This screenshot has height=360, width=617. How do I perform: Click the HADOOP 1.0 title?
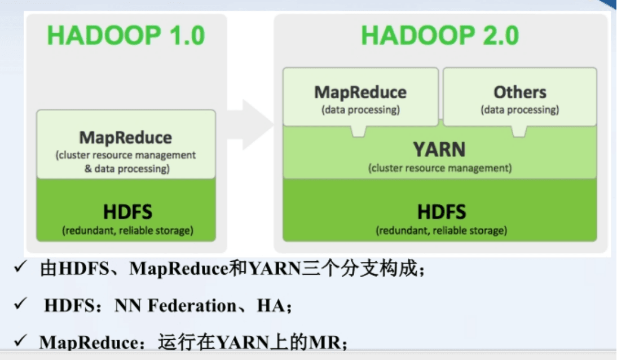pos(126,36)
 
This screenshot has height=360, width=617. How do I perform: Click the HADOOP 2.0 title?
pos(440,36)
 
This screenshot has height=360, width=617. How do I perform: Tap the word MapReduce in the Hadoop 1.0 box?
pos(126,138)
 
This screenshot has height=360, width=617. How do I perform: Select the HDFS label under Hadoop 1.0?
pos(127,212)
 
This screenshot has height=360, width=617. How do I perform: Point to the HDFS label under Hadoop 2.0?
pos(442,212)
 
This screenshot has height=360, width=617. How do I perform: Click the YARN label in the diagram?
pos(439,150)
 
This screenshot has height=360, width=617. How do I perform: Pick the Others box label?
pos(520,92)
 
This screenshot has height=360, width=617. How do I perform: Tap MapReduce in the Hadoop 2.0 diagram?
pos(360,92)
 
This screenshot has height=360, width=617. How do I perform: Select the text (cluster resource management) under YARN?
pos(440,168)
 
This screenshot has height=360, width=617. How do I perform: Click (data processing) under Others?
pos(520,109)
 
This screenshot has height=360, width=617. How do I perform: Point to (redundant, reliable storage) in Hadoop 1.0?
pos(127,230)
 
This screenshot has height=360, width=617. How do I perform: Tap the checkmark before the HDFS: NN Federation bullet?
pos(20,304)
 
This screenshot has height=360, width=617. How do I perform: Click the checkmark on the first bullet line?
pos(20,267)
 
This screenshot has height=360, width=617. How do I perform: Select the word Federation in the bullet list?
pos(192,306)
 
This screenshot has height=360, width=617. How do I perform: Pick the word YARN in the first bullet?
pos(275,269)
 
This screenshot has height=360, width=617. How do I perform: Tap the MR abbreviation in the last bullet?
pos(325,343)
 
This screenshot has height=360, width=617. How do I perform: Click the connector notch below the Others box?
pos(519,131)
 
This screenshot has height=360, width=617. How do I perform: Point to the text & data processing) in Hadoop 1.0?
pos(127,169)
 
